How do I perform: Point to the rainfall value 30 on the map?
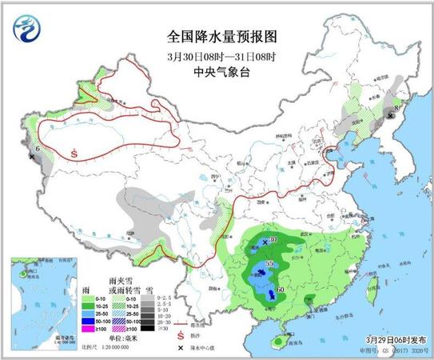point(273,240)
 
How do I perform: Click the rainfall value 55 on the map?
point(269,263)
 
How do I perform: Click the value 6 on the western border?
point(38,148)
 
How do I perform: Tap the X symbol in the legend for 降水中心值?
point(182,349)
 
